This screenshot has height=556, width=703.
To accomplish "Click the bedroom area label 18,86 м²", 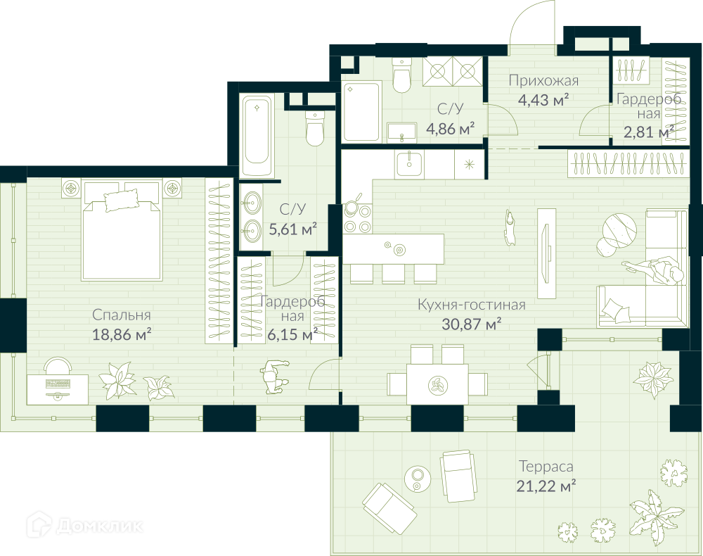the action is click(x=122, y=334).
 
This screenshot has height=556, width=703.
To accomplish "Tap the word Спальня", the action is click(x=122, y=315).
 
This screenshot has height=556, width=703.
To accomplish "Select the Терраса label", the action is click(x=546, y=467).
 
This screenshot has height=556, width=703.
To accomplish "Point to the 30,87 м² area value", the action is click(x=472, y=324).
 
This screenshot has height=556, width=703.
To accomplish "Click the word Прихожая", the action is click(x=543, y=81).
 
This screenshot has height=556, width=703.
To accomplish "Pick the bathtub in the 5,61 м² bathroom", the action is click(x=257, y=136).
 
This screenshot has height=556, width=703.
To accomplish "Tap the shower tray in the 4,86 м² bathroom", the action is click(x=362, y=112).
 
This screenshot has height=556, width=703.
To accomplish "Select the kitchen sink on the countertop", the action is click(x=409, y=164).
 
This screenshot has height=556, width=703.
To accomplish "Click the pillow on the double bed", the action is click(x=122, y=200).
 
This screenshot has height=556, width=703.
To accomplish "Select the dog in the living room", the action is click(x=509, y=227).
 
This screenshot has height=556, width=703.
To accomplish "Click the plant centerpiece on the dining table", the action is click(x=437, y=384).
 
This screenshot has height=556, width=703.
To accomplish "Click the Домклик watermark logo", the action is click(x=85, y=524).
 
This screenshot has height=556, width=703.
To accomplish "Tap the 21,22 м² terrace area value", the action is click(x=546, y=486).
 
